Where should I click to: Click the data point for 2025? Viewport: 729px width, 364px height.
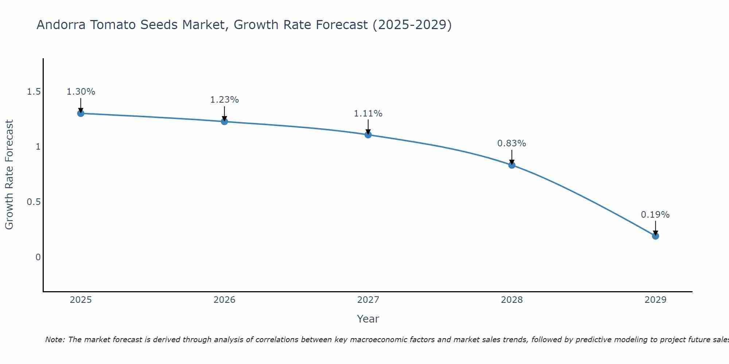pyautogui.click(x=81, y=113)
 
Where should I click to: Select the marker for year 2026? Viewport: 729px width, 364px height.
pyautogui.click(x=225, y=121)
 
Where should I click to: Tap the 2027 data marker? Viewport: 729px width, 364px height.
pyautogui.click(x=368, y=135)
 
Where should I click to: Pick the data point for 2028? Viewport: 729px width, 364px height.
pyautogui.click(x=512, y=165)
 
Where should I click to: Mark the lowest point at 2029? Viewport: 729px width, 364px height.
pyautogui.click(x=655, y=236)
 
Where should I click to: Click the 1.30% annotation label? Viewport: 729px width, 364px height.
pyautogui.click(x=81, y=92)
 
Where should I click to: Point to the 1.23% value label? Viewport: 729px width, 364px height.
pyautogui.click(x=225, y=100)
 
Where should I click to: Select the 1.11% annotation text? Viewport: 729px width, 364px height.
pyautogui.click(x=368, y=114)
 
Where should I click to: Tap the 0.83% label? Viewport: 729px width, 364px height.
pyautogui.click(x=512, y=143)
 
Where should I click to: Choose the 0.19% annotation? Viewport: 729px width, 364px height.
pyautogui.click(x=655, y=215)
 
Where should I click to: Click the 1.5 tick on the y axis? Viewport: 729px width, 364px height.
pyautogui.click(x=34, y=92)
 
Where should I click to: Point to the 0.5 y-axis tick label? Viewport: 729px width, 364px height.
pyautogui.click(x=34, y=202)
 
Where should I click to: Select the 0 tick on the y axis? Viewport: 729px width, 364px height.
pyautogui.click(x=38, y=257)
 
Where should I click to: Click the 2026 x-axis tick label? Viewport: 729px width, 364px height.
pyautogui.click(x=225, y=300)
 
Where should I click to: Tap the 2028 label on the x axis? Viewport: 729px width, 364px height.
pyautogui.click(x=512, y=300)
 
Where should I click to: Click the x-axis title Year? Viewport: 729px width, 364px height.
pyautogui.click(x=368, y=319)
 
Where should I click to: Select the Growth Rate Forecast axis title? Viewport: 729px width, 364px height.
pyautogui.click(x=9, y=175)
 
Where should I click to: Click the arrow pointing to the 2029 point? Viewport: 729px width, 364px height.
pyautogui.click(x=655, y=227)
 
